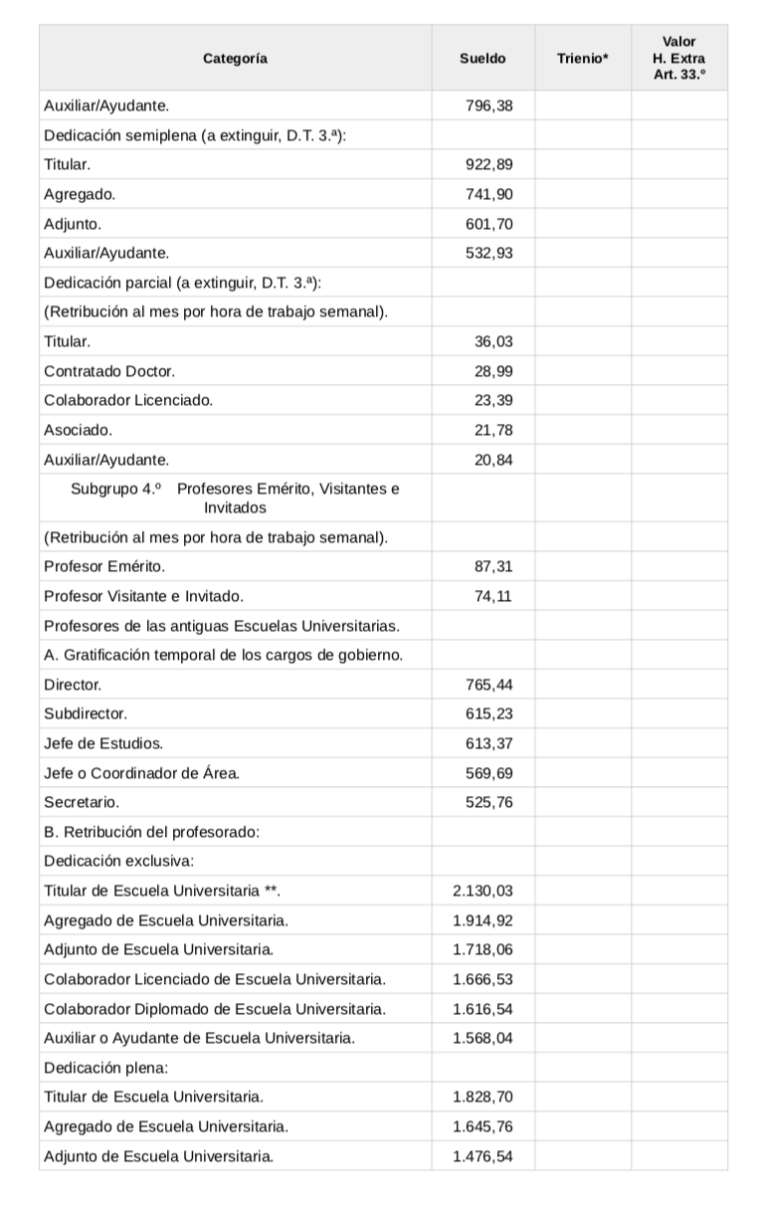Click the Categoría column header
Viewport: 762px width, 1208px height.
235,59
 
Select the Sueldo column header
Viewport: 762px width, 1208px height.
482,59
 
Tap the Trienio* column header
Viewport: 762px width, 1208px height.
582,59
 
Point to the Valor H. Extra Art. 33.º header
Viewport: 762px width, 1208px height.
678,58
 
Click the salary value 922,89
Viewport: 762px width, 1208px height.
489,164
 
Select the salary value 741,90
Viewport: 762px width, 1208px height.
489,194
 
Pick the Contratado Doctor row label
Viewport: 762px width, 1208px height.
109,371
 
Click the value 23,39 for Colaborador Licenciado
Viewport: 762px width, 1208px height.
493,401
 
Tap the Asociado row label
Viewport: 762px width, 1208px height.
78,430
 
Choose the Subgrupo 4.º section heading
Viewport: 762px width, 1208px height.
235,498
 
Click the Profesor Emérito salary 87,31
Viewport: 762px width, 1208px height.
493,567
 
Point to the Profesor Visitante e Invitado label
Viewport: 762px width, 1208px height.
143,597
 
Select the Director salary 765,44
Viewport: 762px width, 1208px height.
489,685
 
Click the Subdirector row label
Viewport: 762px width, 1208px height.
86,714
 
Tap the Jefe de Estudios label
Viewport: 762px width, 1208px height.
103,743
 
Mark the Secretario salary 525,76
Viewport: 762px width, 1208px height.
489,802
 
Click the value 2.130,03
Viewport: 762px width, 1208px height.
482,891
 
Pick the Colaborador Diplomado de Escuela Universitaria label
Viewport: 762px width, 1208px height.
215,1009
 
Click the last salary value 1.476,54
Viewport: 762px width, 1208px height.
482,1156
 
